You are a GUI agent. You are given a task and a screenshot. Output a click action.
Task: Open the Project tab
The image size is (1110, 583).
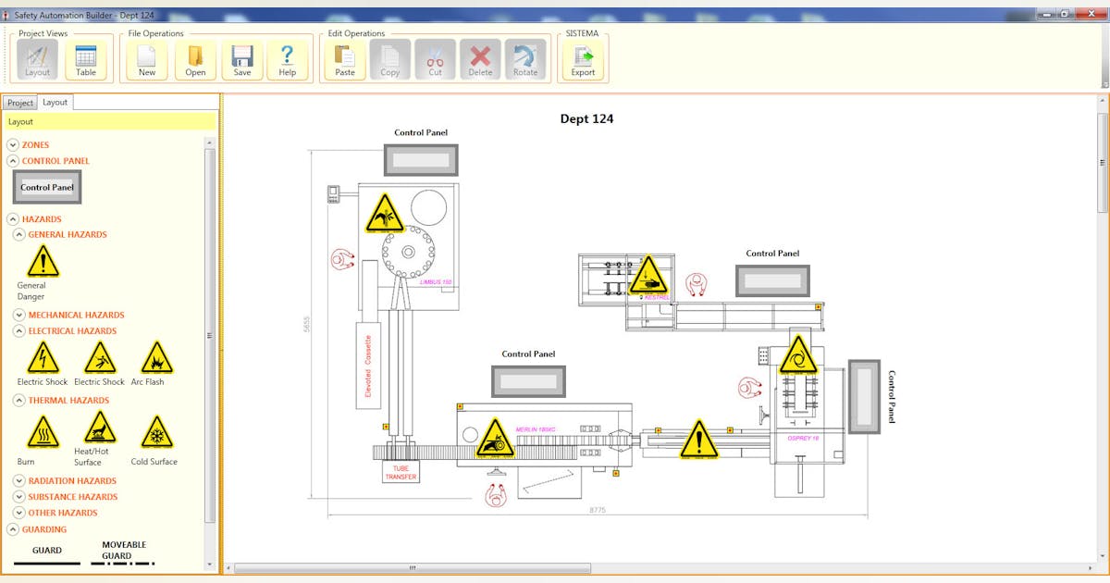point(20,103)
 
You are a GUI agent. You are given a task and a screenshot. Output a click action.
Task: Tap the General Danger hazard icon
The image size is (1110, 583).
point(43,262)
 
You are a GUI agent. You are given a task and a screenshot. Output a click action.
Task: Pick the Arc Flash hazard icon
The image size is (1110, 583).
point(156,358)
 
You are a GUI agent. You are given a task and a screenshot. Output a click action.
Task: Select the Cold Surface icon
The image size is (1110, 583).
point(156,433)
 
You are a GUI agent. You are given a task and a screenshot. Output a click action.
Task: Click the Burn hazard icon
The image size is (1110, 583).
point(43,433)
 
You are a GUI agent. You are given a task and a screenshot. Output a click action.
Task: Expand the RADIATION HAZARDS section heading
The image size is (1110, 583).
point(72,481)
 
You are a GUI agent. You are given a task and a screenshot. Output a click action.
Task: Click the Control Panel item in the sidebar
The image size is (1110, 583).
point(47,187)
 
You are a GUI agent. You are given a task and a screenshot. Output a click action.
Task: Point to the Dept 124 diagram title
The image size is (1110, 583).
point(586,118)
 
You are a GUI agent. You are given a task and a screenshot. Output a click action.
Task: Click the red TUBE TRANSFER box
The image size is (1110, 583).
point(401,472)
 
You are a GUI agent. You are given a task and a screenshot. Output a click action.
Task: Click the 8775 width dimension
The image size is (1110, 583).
point(598,510)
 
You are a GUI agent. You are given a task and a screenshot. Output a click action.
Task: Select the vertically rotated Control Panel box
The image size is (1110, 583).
point(866,396)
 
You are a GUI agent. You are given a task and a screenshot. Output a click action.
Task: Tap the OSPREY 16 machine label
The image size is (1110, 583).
point(803,438)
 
